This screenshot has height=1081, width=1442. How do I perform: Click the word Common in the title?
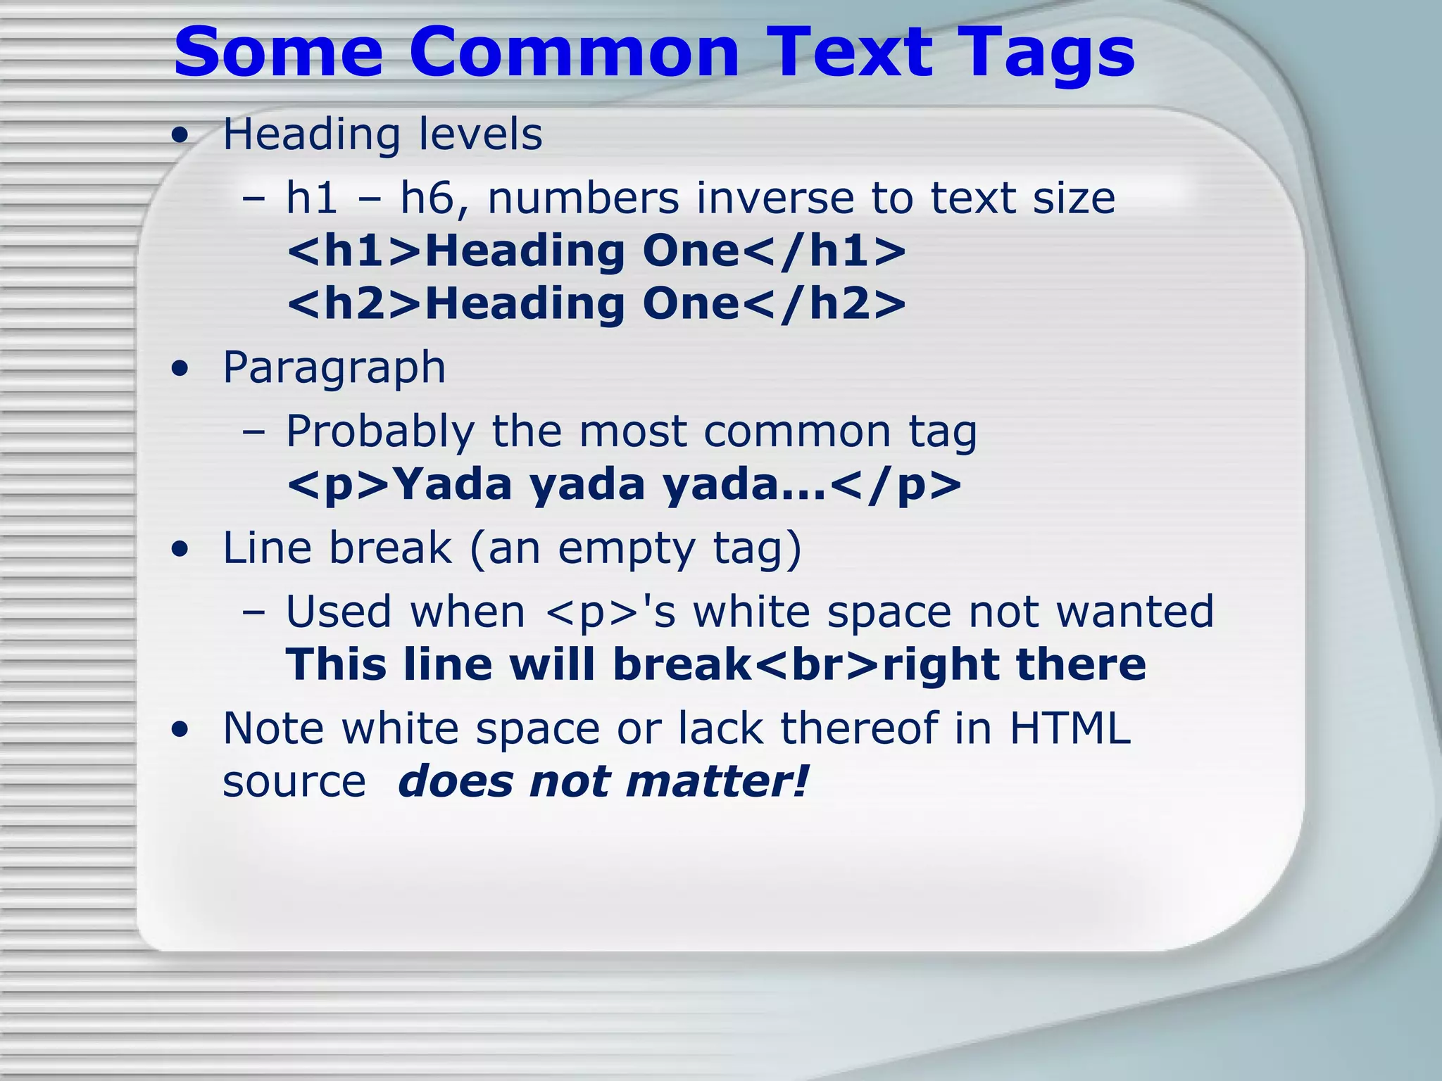[574, 53]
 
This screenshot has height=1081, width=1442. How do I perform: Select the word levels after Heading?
[480, 134]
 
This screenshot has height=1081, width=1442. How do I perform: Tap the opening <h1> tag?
[354, 251]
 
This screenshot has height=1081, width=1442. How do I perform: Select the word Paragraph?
[334, 369]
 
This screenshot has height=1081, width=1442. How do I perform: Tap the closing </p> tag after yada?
[896, 485]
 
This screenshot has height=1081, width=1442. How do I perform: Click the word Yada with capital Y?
[451, 485]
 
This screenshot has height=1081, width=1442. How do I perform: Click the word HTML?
[1070, 728]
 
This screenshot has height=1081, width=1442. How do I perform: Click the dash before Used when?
[253, 612]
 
